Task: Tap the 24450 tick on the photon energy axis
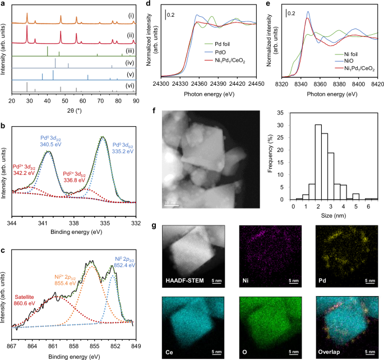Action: coord(256,84)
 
